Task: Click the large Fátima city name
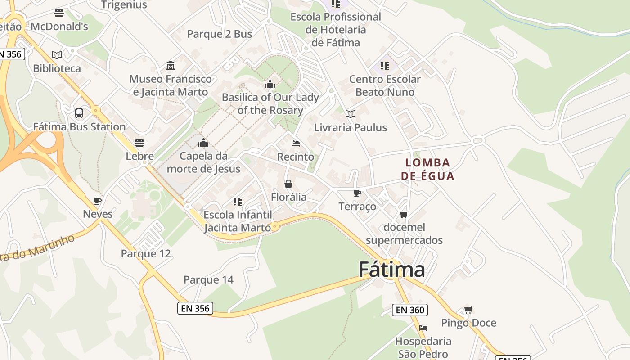tap(391, 270)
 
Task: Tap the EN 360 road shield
tap(409, 310)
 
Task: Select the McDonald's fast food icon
tap(59, 13)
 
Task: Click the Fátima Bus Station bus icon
tap(79, 113)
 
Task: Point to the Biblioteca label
tap(57, 68)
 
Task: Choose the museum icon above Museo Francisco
tap(171, 66)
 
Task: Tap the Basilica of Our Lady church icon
tap(270, 84)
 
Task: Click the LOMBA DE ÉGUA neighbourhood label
tap(427, 169)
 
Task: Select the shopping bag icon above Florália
tap(288, 184)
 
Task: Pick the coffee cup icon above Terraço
tap(357, 193)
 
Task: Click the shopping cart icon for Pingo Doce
tap(468, 310)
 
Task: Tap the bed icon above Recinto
tap(296, 144)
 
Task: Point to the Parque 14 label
tap(208, 279)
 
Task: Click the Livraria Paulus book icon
tap(351, 114)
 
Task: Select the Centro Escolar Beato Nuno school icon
tap(385, 66)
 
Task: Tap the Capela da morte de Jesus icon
tap(203, 143)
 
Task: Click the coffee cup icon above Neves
tap(98, 201)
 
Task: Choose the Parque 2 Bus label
tap(219, 34)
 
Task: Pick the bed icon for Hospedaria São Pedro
tap(423, 328)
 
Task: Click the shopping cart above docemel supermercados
tap(404, 214)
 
